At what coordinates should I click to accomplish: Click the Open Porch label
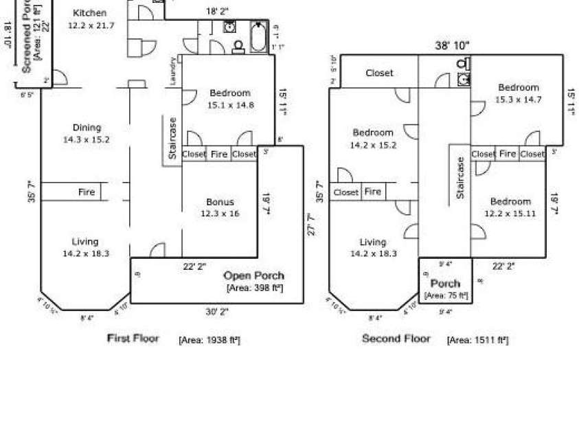pos(253,276)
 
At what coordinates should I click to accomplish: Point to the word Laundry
pos(173,71)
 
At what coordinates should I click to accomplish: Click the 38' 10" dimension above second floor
pos(452,45)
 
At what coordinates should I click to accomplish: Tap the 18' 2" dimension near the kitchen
pos(218,12)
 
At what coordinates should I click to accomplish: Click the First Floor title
pos(133,339)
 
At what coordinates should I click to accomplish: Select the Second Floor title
pos(396,339)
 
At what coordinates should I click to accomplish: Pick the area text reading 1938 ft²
pos(209,340)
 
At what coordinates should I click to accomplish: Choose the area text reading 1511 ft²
pos(477,340)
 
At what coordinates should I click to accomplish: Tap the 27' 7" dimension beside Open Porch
pos(310,225)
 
